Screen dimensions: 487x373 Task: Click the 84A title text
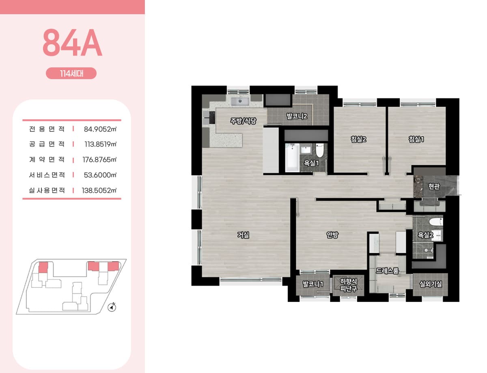(x=72, y=42)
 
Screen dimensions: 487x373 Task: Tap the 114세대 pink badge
(x=71, y=73)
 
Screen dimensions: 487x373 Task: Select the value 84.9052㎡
(x=100, y=129)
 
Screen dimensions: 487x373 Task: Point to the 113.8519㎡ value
(x=100, y=144)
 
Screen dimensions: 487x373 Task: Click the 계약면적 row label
(x=47, y=160)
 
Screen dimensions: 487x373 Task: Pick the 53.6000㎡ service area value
(x=100, y=175)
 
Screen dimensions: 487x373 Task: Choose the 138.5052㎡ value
(x=99, y=190)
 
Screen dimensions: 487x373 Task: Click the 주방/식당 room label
(x=243, y=121)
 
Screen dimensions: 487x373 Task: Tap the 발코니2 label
(x=297, y=116)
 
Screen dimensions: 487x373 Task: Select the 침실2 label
(x=359, y=139)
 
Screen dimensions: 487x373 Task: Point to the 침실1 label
(x=416, y=139)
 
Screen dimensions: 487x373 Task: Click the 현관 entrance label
(x=434, y=186)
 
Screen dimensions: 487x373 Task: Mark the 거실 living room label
(x=243, y=235)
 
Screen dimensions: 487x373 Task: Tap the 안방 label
(x=332, y=235)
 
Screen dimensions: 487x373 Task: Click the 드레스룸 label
(x=387, y=271)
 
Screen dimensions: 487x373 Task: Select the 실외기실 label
(x=431, y=284)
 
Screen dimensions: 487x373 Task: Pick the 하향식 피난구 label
(x=349, y=285)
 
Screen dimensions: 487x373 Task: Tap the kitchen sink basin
(x=240, y=101)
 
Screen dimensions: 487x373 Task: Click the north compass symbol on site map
(x=112, y=307)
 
